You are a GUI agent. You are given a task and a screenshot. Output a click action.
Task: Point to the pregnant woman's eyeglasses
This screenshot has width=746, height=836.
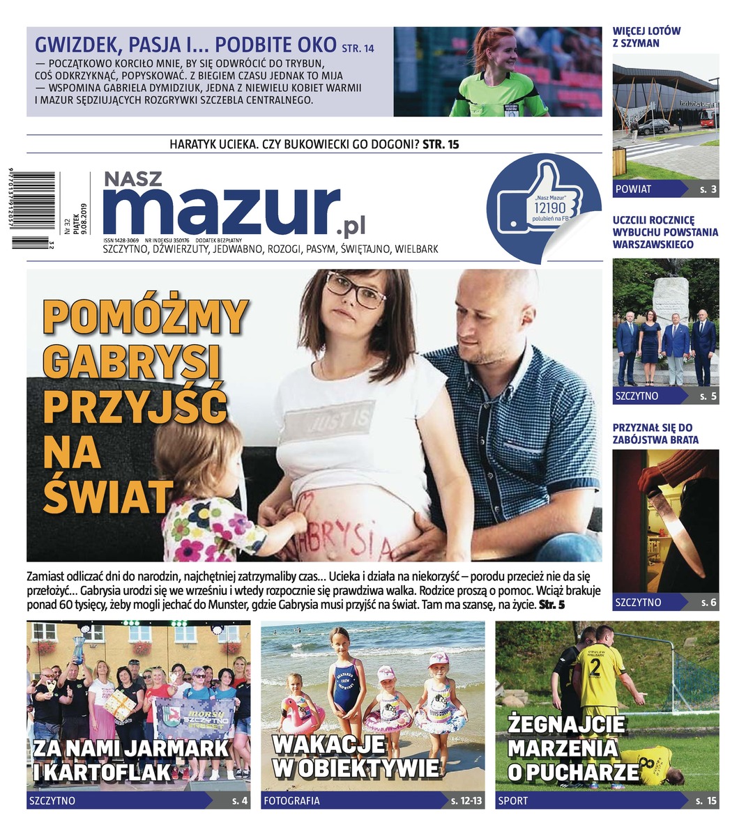pos(356,290)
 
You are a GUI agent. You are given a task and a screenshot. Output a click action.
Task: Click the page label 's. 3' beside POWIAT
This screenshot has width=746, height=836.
pos(708,189)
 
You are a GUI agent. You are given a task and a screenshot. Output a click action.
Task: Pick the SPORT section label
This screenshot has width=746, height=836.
pos(513,801)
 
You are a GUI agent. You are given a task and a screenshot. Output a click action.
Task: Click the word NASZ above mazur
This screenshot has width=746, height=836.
pos(132,179)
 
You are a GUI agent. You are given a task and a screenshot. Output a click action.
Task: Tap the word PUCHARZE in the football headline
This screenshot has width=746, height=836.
pos(593,772)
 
